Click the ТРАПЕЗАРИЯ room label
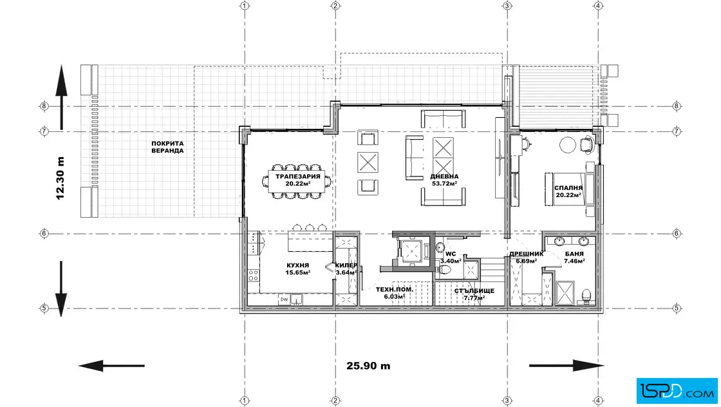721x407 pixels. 298,176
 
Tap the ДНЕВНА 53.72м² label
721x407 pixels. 444,180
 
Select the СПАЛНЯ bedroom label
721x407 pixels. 568,187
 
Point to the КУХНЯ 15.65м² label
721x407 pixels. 297,269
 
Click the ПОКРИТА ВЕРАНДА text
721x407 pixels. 167,147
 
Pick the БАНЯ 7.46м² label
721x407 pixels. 574,258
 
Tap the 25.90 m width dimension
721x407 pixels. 368,366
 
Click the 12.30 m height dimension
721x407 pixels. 61,178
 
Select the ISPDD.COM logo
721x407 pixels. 677,391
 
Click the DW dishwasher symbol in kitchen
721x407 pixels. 284,300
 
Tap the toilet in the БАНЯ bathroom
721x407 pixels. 586,297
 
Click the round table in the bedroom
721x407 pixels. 567,146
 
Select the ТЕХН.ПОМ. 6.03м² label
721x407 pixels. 395,294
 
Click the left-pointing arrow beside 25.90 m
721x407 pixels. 111,366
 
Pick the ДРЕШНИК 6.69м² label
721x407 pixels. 527,258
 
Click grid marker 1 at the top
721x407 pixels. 245,6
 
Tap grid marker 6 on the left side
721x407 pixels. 44,234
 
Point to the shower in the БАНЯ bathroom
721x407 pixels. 565,293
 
